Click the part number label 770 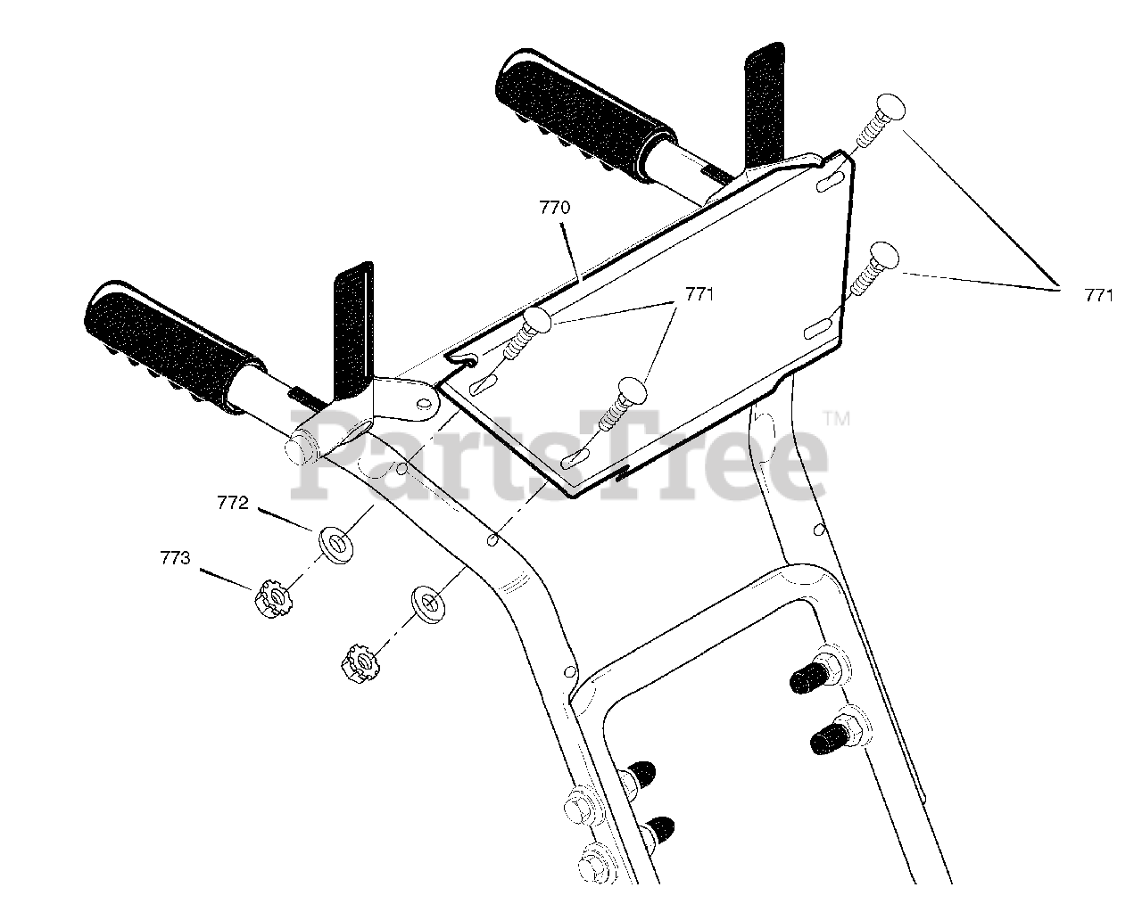[x=555, y=208]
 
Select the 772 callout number [x=233, y=502]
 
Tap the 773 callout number [x=175, y=558]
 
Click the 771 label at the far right [x=1098, y=295]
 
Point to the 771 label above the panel [x=699, y=294]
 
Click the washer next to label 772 [x=336, y=544]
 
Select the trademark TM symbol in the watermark [x=836, y=419]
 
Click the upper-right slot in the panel [x=830, y=181]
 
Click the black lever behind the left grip [x=353, y=334]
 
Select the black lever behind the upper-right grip [x=765, y=107]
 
